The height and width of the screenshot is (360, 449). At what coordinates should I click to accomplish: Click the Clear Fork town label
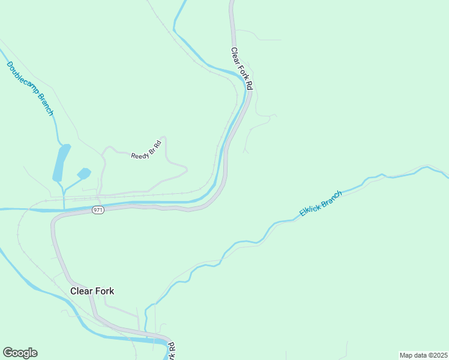pos(92,291)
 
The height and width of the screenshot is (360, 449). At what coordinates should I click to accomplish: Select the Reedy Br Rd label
pos(146,149)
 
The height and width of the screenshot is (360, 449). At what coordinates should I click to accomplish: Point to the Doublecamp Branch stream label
pos(31,88)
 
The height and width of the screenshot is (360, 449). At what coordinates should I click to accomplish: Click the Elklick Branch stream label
pos(321,203)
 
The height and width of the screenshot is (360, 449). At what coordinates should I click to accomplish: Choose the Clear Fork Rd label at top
pos(242,69)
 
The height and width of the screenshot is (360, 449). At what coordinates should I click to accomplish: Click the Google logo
pos(20,353)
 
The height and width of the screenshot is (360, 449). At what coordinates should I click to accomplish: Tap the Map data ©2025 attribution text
pos(423,355)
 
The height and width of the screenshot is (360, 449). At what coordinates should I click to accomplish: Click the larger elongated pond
pos(61,163)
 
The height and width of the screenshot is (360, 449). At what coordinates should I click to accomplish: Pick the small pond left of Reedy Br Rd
pos(83,173)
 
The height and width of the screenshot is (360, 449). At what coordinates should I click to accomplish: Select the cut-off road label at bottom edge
pos(171,350)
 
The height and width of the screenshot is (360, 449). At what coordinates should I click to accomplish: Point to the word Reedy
pos(139,154)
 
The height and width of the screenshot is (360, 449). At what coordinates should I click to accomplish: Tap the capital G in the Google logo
pos(8,353)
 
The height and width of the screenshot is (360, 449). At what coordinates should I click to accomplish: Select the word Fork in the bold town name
pos(103,291)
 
